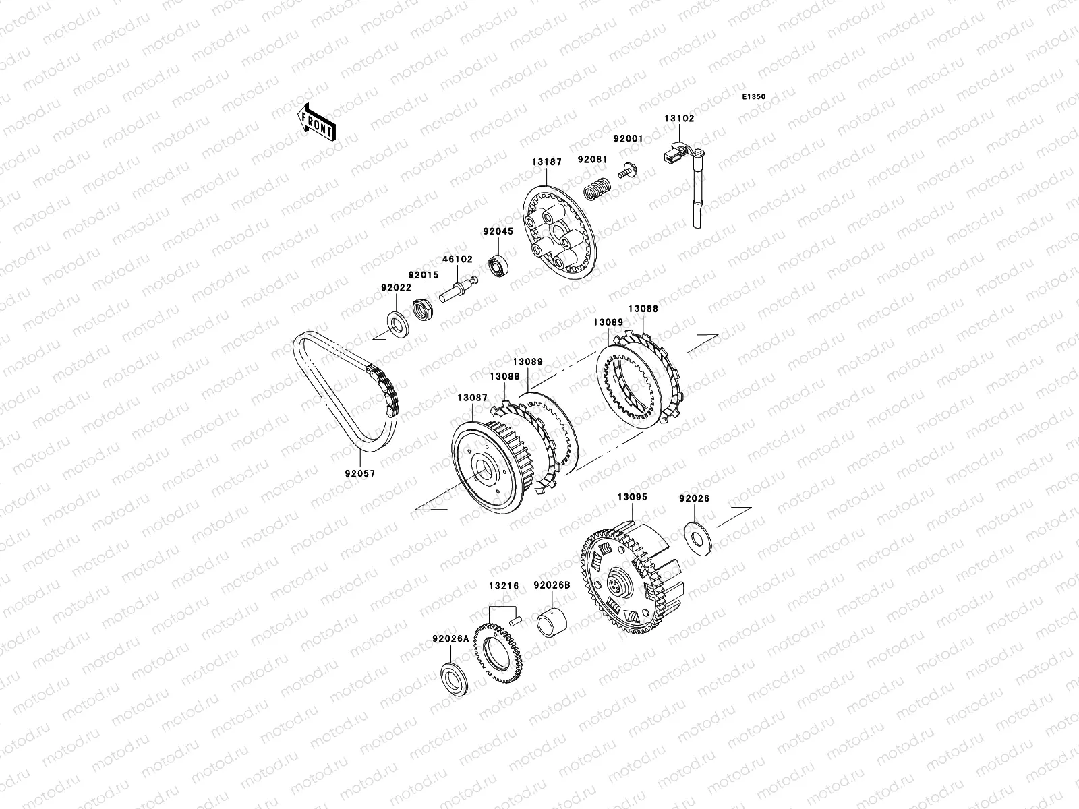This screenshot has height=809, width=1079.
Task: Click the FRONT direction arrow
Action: [316, 122]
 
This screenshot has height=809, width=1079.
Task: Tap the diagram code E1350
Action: [753, 97]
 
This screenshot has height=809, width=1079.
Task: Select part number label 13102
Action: [679, 119]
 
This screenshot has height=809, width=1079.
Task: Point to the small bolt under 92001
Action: [626, 171]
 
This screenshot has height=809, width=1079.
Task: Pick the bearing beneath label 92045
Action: [498, 265]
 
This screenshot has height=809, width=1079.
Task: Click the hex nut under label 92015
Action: [423, 309]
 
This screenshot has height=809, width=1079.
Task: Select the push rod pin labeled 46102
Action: [458, 290]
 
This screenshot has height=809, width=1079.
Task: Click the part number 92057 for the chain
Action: [360, 473]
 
